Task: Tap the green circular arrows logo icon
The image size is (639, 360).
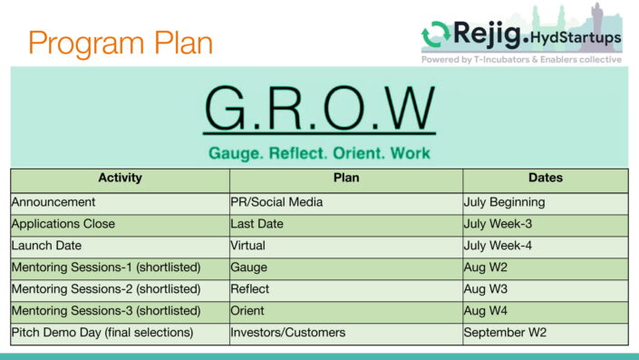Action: pyautogui.click(x=436, y=36)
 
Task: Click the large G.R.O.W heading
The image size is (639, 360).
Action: pyautogui.click(x=319, y=109)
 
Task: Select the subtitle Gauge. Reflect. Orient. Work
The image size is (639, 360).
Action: pyautogui.click(x=319, y=152)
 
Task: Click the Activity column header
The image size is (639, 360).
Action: pyautogui.click(x=120, y=179)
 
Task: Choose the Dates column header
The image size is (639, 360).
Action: pyautogui.click(x=545, y=179)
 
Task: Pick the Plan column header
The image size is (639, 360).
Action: pyautogui.click(x=346, y=179)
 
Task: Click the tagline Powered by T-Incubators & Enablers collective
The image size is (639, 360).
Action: pyautogui.click(x=521, y=60)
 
